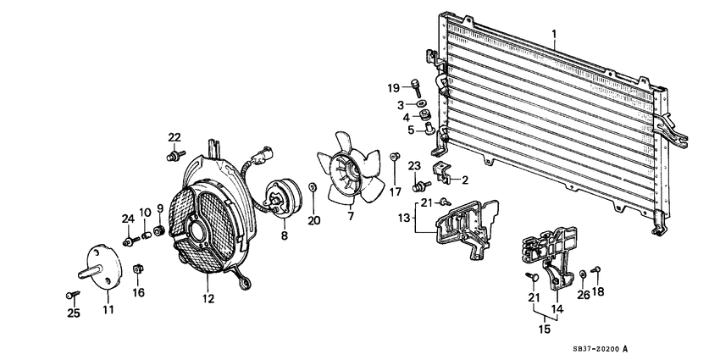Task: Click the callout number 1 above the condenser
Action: pos(554,35)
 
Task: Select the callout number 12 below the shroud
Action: pos(208,299)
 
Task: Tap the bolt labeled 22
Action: pos(175,155)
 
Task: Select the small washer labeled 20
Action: pos(313,187)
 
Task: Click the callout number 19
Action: pos(393,87)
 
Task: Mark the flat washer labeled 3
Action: pos(421,103)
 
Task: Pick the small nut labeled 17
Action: pos(395,158)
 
